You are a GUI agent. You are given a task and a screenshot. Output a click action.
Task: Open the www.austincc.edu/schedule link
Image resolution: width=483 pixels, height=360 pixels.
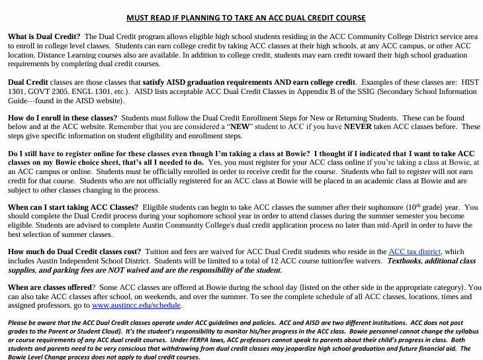pyautogui.click(x=136, y=305)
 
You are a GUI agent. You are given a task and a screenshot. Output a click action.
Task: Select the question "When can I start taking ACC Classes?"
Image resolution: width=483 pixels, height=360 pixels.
pyautogui.click(x=73, y=207)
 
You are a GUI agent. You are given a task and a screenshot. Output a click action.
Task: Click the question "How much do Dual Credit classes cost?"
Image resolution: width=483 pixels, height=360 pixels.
pyautogui.click(x=74, y=251)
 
